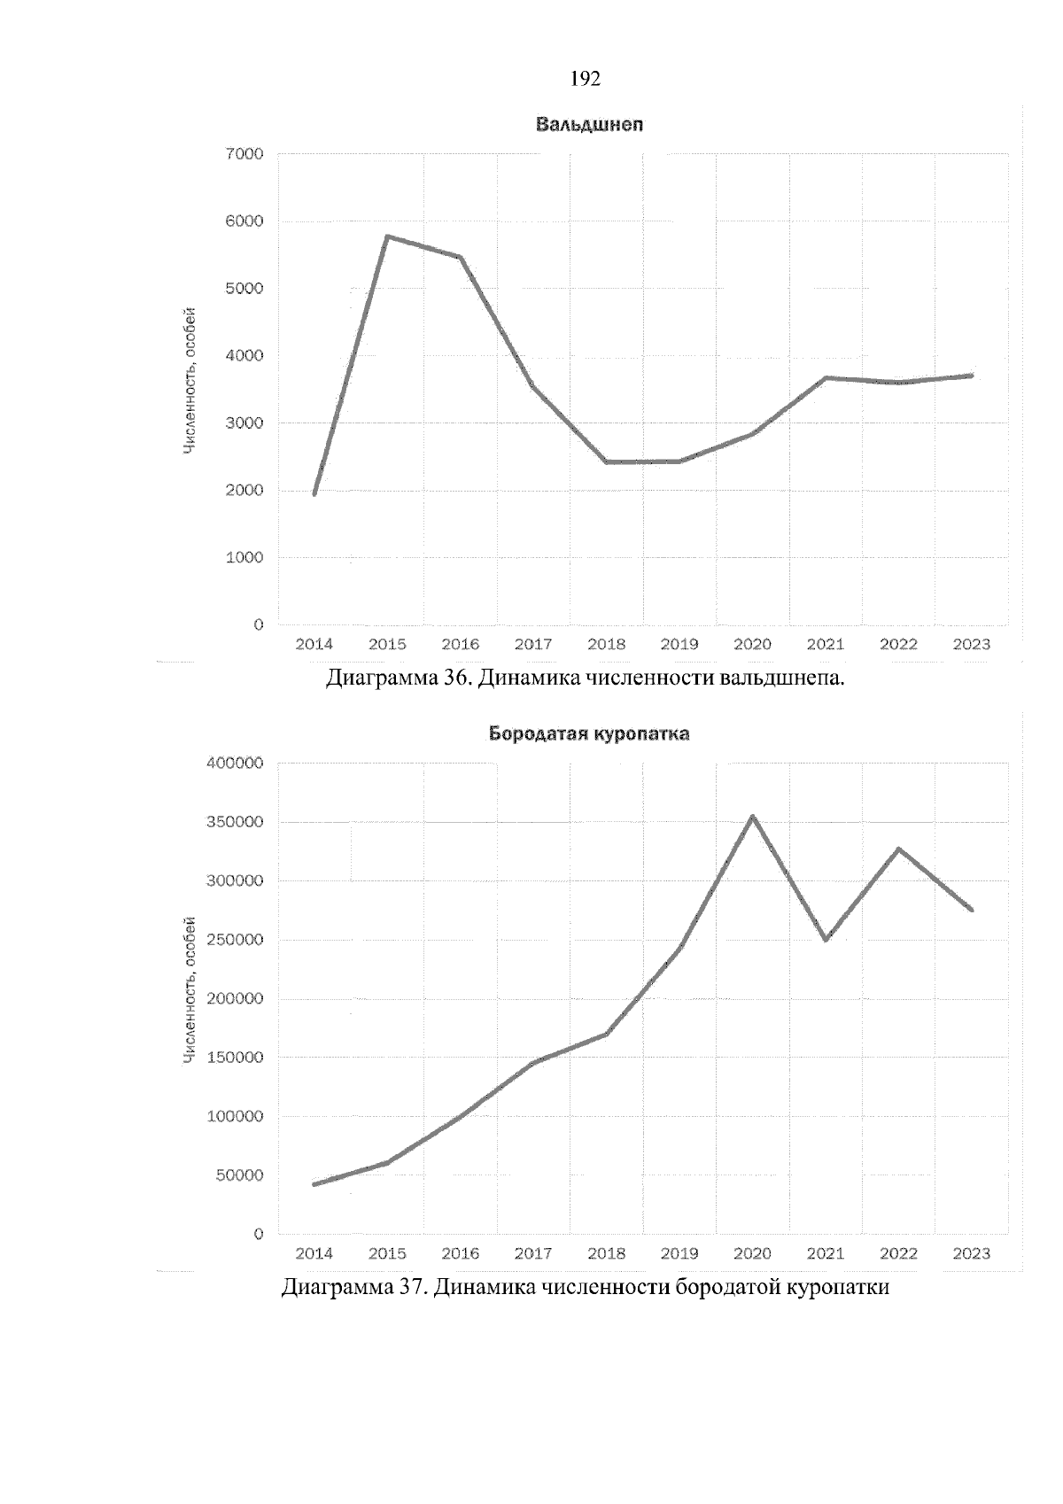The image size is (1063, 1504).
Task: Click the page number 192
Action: (586, 80)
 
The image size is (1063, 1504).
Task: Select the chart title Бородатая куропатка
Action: (589, 734)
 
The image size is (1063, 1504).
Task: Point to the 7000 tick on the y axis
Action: (245, 154)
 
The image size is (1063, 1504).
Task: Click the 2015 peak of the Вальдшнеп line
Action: (387, 236)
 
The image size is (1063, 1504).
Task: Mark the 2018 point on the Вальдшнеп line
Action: (607, 461)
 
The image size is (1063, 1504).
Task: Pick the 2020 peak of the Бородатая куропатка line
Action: (753, 817)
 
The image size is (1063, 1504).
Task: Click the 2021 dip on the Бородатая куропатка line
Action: (826, 940)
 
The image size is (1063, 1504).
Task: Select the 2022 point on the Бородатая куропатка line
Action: (899, 849)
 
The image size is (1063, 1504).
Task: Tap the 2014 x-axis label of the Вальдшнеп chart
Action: (314, 645)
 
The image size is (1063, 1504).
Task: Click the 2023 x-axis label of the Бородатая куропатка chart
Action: (971, 1254)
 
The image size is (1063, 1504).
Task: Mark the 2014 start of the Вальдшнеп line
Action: (314, 493)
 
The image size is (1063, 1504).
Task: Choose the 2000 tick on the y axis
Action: (245, 491)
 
